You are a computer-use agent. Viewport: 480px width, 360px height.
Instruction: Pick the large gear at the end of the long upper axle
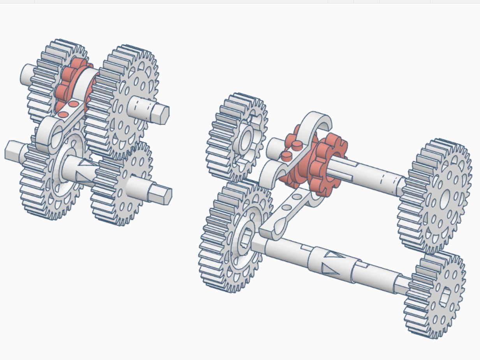coord(436,197)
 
